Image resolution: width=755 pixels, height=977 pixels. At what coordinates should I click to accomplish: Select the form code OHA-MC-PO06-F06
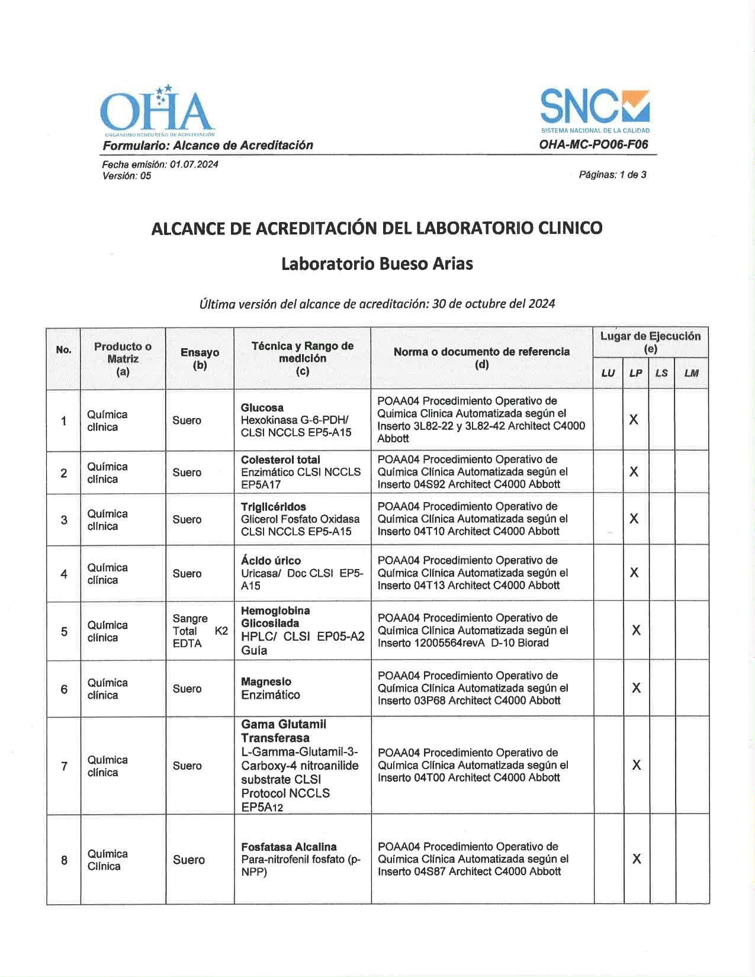tap(593, 144)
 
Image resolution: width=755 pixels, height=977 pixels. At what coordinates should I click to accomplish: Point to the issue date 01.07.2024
tap(194, 164)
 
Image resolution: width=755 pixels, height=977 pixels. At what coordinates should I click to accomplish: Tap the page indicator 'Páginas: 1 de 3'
tap(612, 175)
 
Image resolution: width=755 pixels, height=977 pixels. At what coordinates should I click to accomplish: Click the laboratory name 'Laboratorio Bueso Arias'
tap(377, 263)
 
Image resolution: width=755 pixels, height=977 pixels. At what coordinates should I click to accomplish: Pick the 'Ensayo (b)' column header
tap(200, 358)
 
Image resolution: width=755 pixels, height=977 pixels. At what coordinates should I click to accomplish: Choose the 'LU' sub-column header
tap(608, 373)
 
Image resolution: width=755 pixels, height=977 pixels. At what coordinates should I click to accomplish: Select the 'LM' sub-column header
tap(691, 373)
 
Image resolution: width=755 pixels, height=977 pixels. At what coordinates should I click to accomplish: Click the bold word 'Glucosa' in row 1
tap(262, 407)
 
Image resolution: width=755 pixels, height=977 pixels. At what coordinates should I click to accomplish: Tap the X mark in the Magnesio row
tap(636, 688)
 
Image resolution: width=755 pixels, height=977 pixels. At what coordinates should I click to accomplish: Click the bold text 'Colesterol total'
tap(280, 459)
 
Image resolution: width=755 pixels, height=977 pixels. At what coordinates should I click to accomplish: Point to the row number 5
tap(64, 631)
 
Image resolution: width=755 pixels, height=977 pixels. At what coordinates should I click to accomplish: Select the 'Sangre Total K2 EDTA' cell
tap(200, 631)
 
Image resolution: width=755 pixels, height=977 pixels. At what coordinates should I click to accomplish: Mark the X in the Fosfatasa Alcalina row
tap(637, 859)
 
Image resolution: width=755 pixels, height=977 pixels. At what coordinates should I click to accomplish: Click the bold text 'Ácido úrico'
tap(271, 560)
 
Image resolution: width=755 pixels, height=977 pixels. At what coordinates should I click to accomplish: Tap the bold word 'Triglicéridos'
tap(273, 507)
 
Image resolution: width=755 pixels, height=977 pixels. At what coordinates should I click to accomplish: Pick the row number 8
tap(64, 860)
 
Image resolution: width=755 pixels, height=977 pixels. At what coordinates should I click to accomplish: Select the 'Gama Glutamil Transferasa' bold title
tap(283, 731)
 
